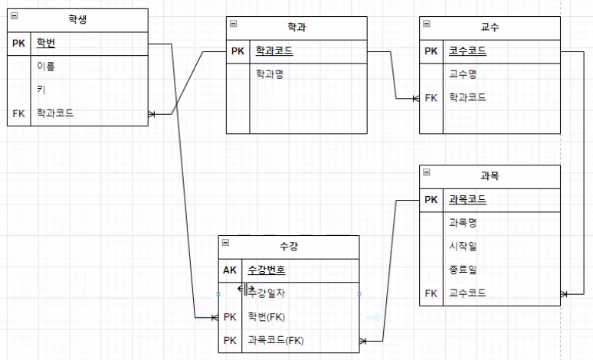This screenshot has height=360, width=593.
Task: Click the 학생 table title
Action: coord(77,20)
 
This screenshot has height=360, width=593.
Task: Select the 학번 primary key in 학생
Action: coord(46,43)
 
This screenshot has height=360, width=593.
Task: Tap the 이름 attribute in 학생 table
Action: coord(46,66)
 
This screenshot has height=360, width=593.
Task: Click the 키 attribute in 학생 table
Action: coord(40,89)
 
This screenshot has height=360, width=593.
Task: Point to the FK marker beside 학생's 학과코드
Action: coord(19,113)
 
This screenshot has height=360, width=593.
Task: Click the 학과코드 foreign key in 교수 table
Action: coord(467,97)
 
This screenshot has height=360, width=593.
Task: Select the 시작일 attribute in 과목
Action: coord(462,247)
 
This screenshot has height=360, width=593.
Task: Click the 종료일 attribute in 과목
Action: coord(462,270)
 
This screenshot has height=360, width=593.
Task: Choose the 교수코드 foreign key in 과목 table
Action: coord(467,293)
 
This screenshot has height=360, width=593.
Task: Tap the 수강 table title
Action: coord(290,246)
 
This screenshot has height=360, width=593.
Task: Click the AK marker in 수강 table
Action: coord(230,270)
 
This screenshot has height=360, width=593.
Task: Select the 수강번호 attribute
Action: coord(267,270)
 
